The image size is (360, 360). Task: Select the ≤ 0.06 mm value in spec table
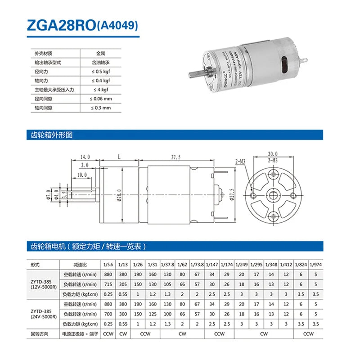[x=101, y=99]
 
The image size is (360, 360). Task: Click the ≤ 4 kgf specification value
[x=101, y=90]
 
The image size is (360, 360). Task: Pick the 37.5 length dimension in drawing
[x=176, y=157]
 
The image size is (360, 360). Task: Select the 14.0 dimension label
[x=85, y=157]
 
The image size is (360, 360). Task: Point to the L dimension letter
[x=118, y=157]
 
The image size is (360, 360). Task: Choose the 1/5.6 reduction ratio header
[x=108, y=264]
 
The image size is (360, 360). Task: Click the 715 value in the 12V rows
[x=108, y=284]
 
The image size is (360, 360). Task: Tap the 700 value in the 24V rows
[x=108, y=314]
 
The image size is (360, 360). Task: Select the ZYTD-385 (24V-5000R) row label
[x=42, y=314]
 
